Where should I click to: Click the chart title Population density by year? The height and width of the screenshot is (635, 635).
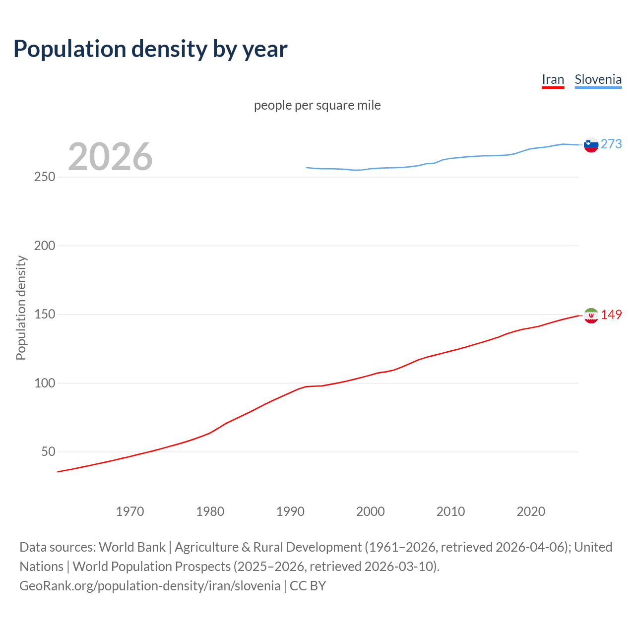[x=150, y=49]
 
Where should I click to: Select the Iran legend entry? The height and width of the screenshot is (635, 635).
[x=553, y=79]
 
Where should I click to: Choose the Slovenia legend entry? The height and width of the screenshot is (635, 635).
[x=598, y=79]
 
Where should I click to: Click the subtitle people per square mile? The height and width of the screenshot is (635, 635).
[x=317, y=105]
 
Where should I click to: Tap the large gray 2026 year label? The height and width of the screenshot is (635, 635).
[x=110, y=157]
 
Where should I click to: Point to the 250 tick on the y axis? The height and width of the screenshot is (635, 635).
[x=45, y=177]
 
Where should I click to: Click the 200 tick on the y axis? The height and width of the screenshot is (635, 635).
[x=45, y=246]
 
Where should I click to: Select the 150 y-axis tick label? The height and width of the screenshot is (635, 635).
[x=45, y=315]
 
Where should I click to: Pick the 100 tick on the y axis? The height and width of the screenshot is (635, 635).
[x=45, y=383]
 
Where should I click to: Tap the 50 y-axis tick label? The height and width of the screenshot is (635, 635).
[x=48, y=451]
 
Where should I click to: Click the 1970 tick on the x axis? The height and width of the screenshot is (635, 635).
[x=130, y=511]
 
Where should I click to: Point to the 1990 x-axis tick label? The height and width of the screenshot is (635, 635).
[x=290, y=511]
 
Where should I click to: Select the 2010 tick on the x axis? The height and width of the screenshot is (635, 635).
[x=450, y=511]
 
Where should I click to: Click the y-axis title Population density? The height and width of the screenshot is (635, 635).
[x=21, y=308]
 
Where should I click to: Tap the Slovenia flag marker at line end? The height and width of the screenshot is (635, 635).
[x=591, y=145]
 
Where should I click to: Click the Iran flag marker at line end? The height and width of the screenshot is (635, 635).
[x=591, y=316]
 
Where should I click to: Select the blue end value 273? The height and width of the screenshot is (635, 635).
[x=611, y=144]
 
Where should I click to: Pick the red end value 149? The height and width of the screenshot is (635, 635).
[x=611, y=315]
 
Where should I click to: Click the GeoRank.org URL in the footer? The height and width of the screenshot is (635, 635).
[x=150, y=585]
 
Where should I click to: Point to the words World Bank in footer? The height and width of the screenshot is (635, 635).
[x=132, y=547]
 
